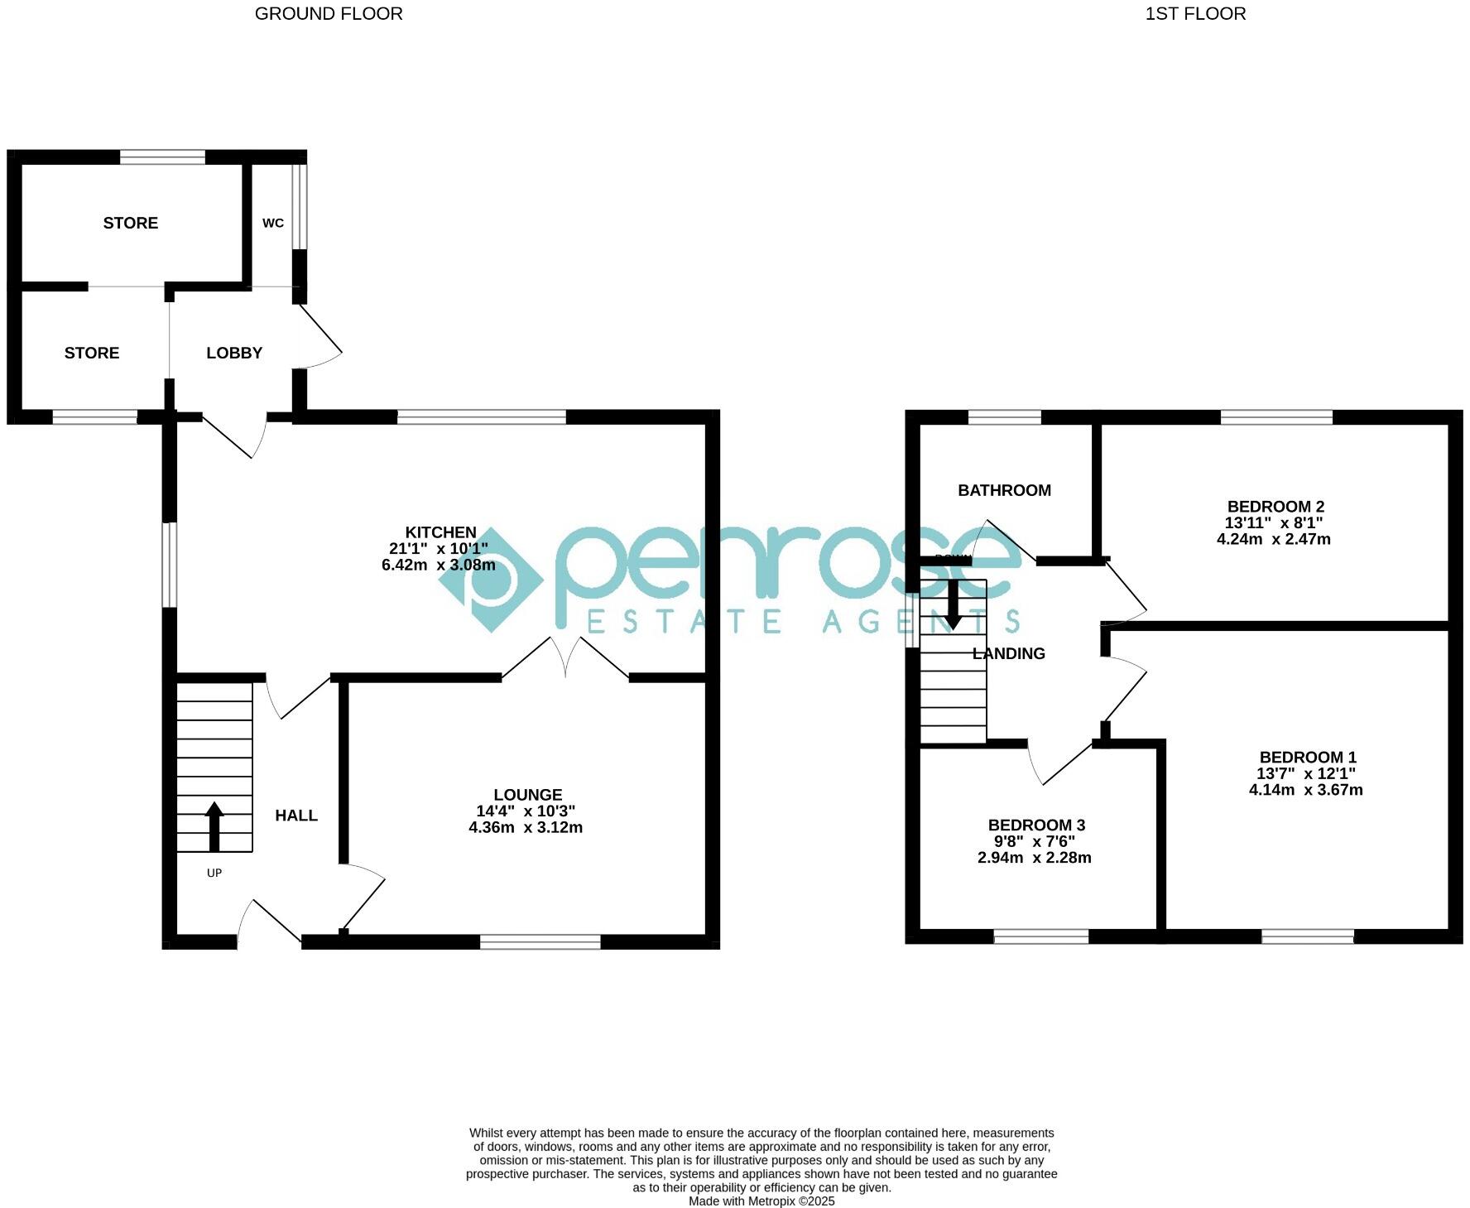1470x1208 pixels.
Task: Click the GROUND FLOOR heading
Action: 329,13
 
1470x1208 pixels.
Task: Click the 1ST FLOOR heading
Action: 1195,13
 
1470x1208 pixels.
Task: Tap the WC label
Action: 273,223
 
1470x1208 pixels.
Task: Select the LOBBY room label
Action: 234,353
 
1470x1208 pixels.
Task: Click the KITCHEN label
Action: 440,532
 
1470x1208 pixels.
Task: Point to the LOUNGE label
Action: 527,795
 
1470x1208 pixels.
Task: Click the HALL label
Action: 296,816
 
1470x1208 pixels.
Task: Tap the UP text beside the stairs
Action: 214,873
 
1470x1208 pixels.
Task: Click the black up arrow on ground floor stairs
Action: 214,825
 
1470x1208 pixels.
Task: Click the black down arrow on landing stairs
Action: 953,604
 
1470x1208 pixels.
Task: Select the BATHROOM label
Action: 1004,490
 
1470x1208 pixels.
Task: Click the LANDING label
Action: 1008,653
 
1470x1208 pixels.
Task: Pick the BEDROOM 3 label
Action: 1036,825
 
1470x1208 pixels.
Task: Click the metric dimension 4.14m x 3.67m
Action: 1305,790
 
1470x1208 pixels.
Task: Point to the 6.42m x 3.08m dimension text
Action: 438,565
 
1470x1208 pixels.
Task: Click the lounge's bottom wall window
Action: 540,941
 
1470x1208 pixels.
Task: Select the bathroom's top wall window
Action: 1005,417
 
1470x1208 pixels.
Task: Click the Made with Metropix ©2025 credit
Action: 761,1201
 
